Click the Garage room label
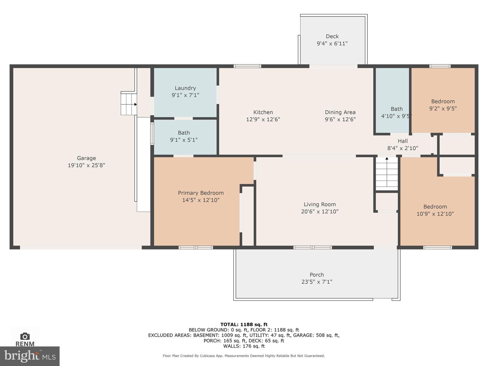coord(86,158)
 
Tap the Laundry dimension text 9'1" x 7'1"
coord(185,95)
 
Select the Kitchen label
coord(263,112)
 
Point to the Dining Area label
coord(340,112)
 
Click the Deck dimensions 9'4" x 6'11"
coord(332,43)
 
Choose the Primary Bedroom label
coord(201,193)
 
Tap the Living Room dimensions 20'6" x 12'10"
coord(320,211)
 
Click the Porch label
coord(317,274)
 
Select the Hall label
coord(403,141)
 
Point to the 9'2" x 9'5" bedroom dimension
coord(443,108)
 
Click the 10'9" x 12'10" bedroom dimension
coord(435,214)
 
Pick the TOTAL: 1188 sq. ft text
coord(244,324)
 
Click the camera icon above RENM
coord(25,336)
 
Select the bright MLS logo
coord(30,356)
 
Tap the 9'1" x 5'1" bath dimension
coord(184,140)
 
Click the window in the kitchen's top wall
coord(247,66)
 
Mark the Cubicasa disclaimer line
coord(244,356)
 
